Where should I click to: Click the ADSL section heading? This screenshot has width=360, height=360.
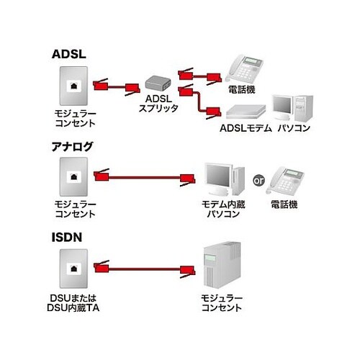point(69,54)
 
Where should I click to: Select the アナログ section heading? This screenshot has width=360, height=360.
point(72,146)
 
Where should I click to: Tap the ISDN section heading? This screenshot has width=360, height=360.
point(67,237)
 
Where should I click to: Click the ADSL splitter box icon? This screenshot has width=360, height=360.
point(158,83)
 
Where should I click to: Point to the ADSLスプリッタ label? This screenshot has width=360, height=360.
point(158,104)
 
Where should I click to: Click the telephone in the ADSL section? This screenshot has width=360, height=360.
point(244,69)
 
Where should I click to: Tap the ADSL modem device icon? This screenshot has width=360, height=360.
point(246,112)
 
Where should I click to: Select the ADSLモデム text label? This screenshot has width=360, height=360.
point(246,128)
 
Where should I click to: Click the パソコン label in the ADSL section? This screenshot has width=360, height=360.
point(294,128)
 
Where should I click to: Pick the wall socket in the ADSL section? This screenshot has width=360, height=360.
point(73,86)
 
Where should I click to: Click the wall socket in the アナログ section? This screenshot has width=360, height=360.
point(73,176)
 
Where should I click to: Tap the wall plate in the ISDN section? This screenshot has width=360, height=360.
point(73,269)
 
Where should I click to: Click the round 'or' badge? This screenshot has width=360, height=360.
point(258,180)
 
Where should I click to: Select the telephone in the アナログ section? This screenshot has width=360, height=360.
point(284,180)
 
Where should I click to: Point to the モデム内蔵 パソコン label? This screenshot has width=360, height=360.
point(223,209)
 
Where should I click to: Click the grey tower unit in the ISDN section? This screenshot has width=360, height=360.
point(222,265)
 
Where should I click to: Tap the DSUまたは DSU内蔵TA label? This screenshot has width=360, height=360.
point(73,303)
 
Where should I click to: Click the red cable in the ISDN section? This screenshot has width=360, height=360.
point(145,269)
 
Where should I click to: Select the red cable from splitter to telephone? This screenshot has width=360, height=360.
point(199,76)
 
